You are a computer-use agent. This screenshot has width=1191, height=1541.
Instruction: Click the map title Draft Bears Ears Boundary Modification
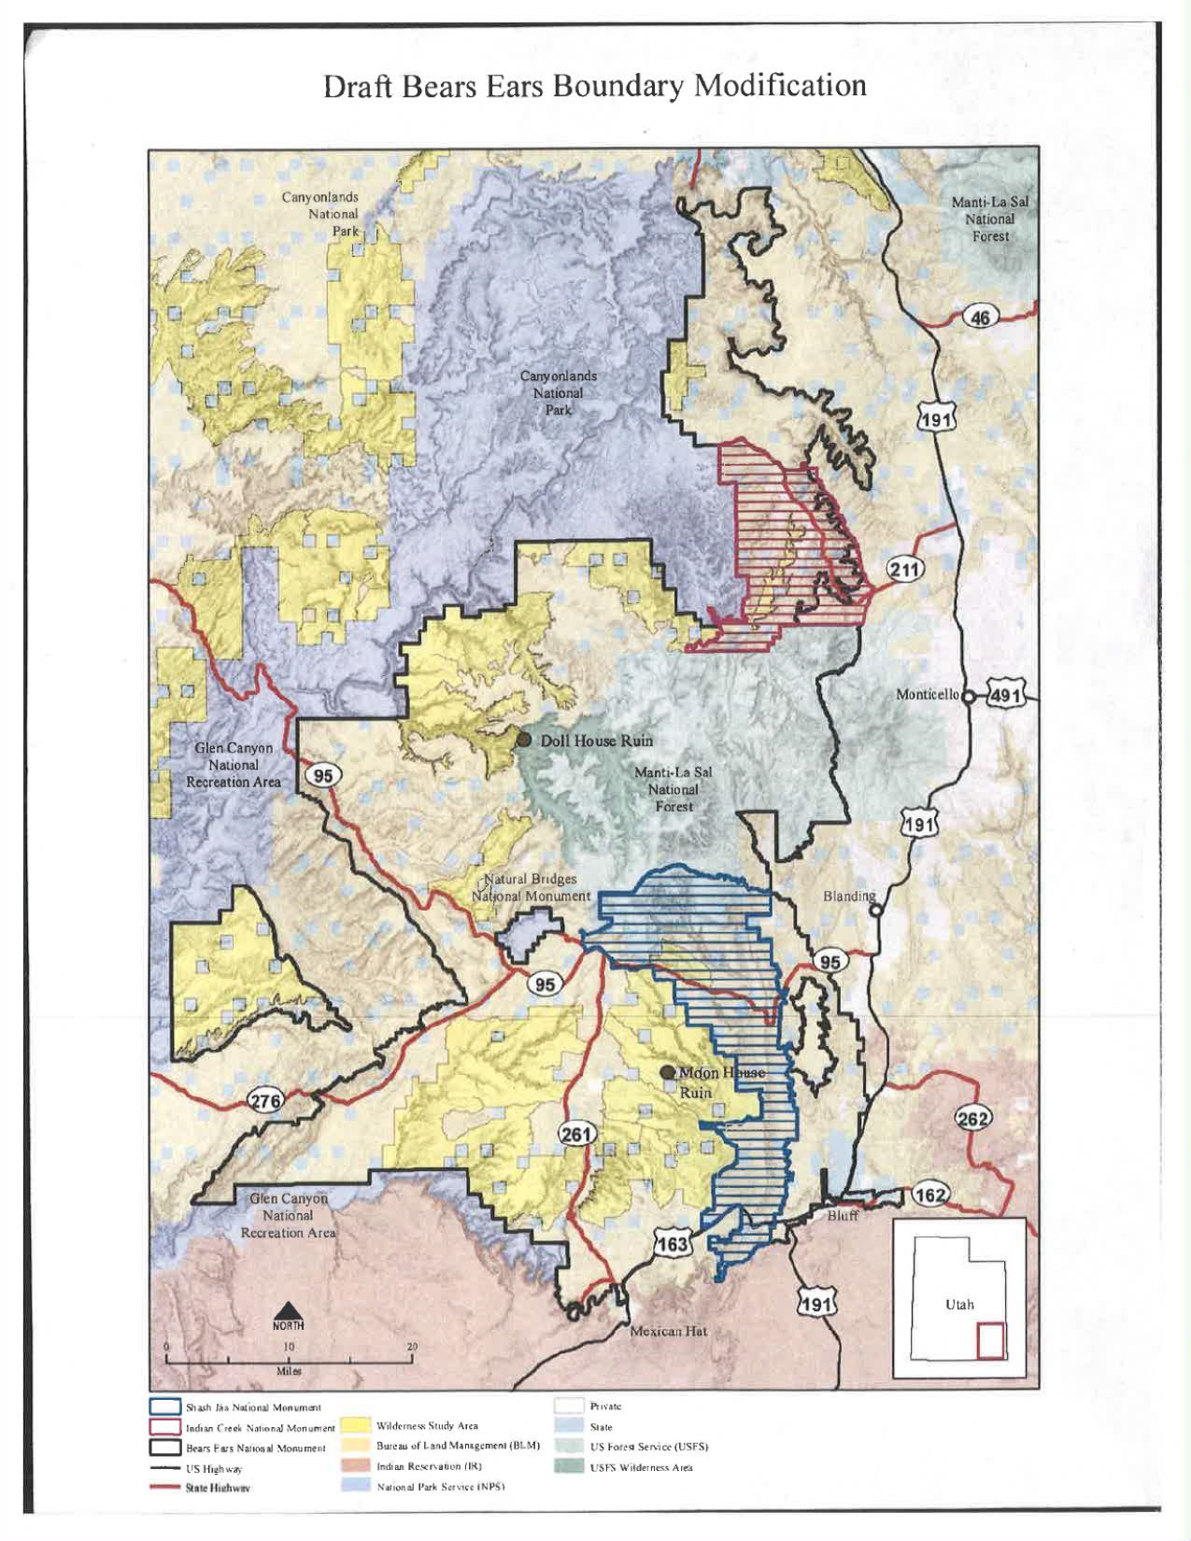[594, 86]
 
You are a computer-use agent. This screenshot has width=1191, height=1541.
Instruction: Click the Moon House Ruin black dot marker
[667, 1072]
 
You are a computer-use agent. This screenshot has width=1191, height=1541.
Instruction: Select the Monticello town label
[927, 694]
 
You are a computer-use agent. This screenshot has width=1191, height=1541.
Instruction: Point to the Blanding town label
[848, 896]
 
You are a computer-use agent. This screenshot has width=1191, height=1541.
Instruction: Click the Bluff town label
[844, 1216]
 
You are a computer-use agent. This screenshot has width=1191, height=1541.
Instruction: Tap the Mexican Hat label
[668, 1330]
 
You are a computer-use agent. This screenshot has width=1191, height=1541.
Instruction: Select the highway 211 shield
[904, 569]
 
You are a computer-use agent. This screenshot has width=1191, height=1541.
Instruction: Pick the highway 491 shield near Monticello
[1005, 695]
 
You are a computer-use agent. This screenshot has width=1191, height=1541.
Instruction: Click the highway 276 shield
[265, 1100]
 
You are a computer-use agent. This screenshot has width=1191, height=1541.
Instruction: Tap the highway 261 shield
[576, 1134]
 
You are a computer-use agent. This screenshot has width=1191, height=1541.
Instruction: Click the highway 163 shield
[672, 1243]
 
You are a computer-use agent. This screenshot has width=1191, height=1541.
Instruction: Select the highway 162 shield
[929, 1195]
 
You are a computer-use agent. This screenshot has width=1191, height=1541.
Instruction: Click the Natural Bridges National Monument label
[531, 887]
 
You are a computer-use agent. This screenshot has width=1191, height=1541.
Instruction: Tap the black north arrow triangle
[288, 1311]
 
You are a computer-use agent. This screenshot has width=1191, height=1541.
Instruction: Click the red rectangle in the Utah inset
[989, 1341]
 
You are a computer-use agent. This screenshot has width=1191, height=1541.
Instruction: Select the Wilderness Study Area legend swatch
[354, 1425]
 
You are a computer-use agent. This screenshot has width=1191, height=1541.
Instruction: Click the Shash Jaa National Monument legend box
[165, 1407]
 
